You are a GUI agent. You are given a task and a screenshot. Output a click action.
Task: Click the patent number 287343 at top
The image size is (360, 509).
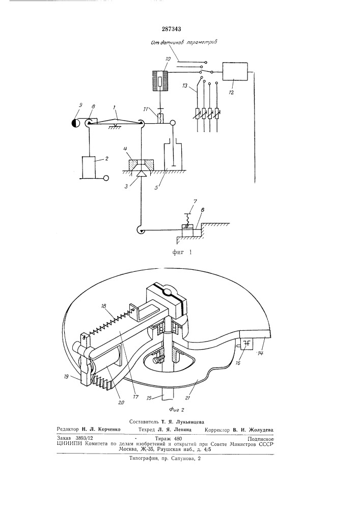coord(171,29)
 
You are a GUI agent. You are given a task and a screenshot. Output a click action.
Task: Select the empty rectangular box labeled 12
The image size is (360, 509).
coord(235,72)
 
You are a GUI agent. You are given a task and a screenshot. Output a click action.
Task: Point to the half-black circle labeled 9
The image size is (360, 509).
coord(75,123)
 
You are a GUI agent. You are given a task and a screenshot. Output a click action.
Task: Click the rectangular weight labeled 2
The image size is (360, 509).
coord(89,167)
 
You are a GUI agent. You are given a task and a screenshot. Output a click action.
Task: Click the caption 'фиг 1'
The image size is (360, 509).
coord(182,252)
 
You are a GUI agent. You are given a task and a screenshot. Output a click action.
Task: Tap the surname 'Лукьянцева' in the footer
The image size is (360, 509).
coord(189,422)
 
